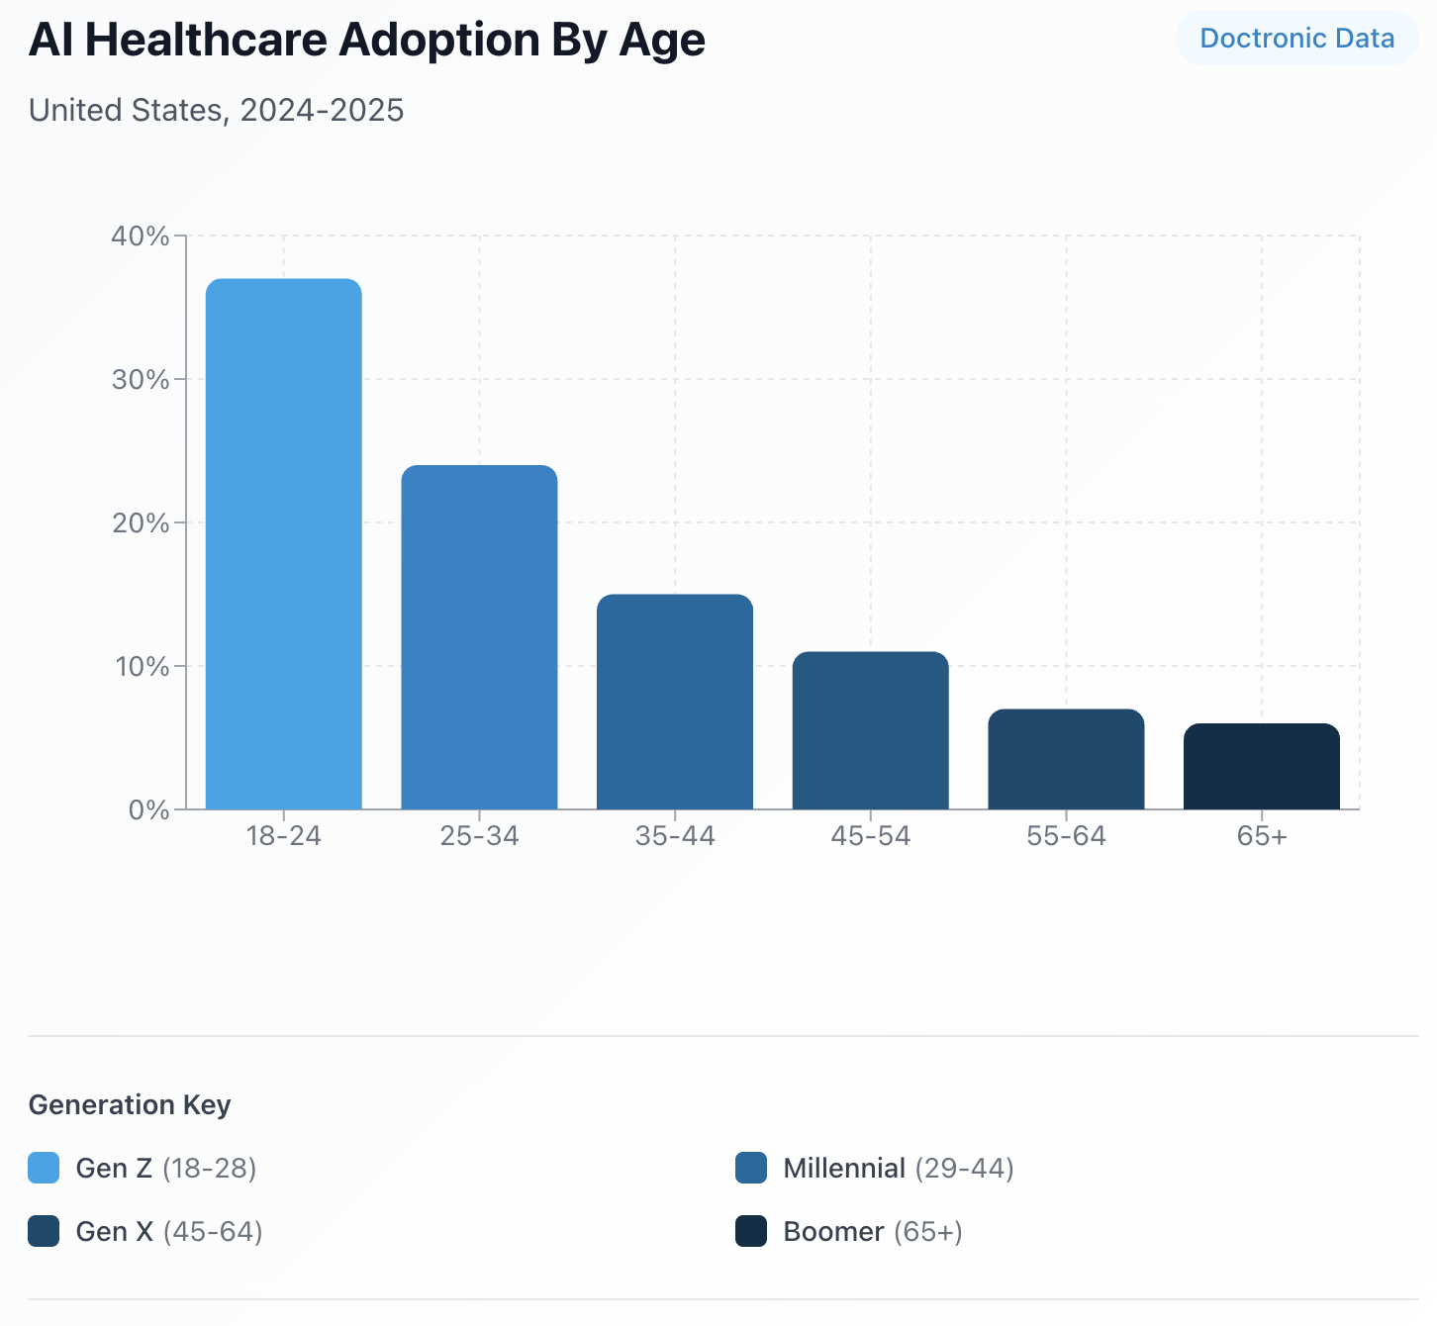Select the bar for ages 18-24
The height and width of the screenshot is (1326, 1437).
coord(283,544)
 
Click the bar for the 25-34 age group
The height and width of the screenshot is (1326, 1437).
coord(479,637)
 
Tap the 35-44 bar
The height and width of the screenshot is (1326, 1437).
coord(674,702)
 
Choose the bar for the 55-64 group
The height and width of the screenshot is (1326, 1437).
coord(1066,759)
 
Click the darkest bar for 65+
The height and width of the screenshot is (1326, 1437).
coord(1261,767)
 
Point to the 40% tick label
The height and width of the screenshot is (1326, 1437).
coord(141,237)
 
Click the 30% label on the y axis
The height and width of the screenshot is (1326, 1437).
coord(141,380)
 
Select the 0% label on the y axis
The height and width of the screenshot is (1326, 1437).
coord(148,810)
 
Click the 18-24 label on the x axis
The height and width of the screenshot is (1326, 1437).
coord(283,836)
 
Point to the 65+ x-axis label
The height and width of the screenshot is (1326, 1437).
coord(1262,836)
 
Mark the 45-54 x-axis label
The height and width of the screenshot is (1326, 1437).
coord(870,836)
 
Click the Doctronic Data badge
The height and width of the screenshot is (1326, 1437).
coord(1296,39)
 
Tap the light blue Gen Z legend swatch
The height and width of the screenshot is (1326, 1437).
coord(44,1169)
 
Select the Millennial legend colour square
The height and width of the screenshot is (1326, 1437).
coord(751,1169)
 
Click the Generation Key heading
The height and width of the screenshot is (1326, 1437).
coord(130,1105)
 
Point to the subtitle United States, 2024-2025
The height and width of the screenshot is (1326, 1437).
coord(216,110)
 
